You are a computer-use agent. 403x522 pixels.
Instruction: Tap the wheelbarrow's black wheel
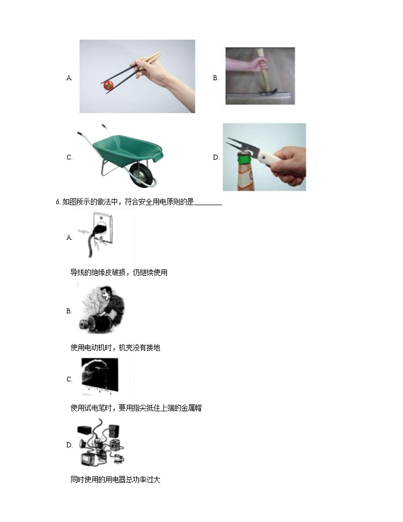click(143, 175)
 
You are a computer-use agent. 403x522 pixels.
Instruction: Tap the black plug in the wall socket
click(100, 230)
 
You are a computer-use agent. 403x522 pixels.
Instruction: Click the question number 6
click(58, 202)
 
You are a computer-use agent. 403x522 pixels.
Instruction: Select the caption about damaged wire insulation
click(119, 273)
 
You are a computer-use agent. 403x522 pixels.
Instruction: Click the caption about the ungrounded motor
click(115, 347)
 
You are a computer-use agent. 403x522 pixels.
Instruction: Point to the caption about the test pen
click(136, 408)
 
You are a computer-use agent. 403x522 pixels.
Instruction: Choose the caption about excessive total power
click(115, 480)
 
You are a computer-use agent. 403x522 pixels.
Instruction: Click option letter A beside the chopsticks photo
click(69, 78)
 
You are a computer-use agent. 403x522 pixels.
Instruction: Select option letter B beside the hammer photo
click(216, 78)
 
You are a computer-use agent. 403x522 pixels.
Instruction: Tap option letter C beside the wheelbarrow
click(69, 157)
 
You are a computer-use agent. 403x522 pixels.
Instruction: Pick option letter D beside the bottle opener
click(216, 157)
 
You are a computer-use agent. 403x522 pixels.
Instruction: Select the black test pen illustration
click(100, 374)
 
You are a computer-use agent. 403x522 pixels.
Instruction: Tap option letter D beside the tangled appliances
click(69, 445)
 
